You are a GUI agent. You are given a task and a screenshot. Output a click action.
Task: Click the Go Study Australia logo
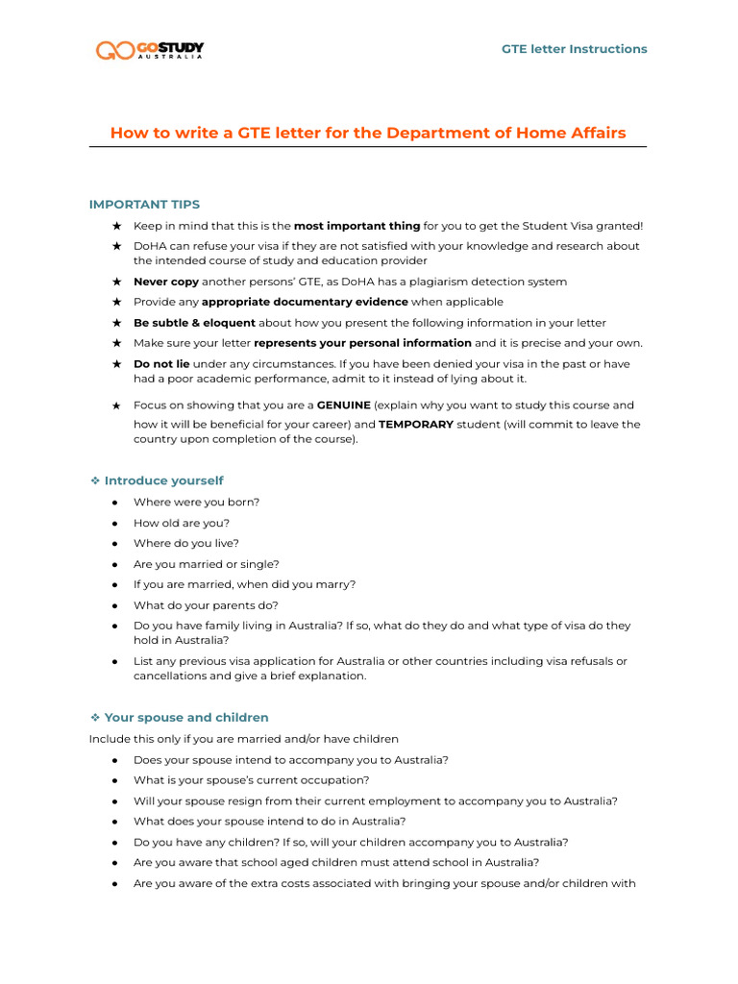point(149,50)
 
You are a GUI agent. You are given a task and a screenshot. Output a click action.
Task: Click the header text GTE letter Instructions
point(574,49)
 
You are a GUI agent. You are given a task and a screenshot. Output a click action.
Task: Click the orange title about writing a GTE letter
point(368,133)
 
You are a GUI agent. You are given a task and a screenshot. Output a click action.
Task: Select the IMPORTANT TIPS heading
point(144,204)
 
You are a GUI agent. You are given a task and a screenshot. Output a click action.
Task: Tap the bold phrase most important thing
point(357,226)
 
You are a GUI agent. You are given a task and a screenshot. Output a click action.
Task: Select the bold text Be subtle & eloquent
point(194,323)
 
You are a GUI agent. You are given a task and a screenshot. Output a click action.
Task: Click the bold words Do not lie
point(161,364)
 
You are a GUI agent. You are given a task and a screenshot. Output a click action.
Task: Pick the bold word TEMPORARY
point(416,424)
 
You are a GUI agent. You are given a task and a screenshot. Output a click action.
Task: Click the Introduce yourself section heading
point(163,480)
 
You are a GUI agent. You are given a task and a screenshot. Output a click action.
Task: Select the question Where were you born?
point(196,502)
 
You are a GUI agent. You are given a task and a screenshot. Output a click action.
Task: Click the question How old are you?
point(182,523)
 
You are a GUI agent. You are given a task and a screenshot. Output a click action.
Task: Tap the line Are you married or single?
point(207,564)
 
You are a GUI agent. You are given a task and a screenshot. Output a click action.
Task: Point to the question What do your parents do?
point(206,605)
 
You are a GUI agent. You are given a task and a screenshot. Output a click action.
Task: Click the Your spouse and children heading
point(186,718)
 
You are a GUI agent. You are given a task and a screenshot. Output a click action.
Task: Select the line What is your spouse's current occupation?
point(251,780)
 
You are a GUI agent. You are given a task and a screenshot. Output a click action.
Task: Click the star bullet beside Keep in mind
point(116,226)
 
